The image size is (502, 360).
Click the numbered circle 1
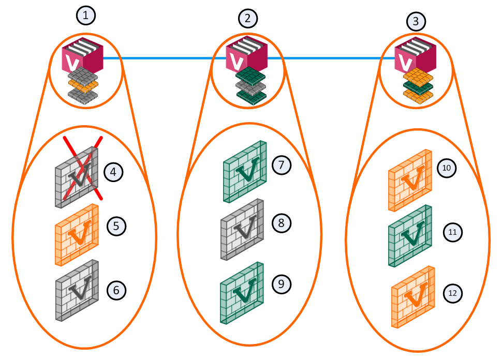click(86, 15)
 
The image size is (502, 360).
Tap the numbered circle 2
click(248, 18)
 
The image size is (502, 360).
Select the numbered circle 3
click(416, 21)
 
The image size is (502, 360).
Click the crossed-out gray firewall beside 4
click(77, 177)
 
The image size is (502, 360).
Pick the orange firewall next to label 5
click(77, 235)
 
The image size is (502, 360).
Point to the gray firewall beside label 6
click(77, 290)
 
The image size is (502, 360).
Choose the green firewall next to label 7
click(245, 172)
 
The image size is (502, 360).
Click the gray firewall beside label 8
click(242, 230)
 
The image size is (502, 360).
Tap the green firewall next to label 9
click(242, 293)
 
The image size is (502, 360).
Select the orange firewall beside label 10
click(410, 180)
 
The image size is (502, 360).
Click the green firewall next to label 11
click(410, 236)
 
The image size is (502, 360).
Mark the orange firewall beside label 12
click(413, 297)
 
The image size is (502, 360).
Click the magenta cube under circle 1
click(82, 55)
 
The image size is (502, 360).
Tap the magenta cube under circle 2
click(246, 54)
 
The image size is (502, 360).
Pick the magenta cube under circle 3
click(415, 55)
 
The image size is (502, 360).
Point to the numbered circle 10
click(447, 168)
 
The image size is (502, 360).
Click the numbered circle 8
click(282, 223)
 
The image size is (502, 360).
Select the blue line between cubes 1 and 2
click(165, 58)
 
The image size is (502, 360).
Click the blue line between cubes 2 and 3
click(331, 58)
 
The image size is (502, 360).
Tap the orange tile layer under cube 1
click(83, 85)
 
